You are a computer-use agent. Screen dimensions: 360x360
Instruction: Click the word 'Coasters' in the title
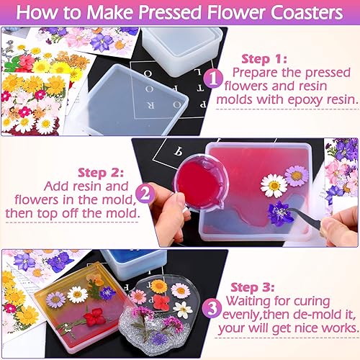click(x=298, y=14)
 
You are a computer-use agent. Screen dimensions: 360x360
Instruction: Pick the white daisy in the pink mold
click(x=274, y=186)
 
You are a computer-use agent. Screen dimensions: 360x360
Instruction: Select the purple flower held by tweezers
click(x=279, y=212)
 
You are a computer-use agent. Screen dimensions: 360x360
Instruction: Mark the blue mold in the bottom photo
click(x=132, y=264)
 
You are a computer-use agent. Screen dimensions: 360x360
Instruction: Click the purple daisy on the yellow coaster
click(x=55, y=299)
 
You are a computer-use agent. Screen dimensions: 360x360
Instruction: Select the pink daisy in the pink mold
click(x=296, y=175)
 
